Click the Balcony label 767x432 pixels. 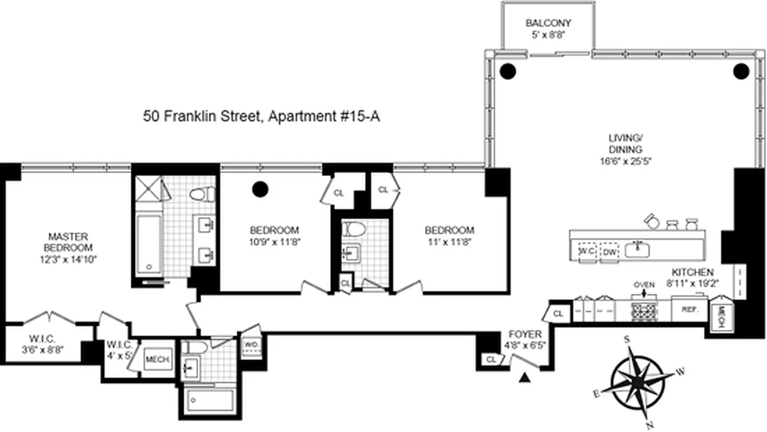pos(548,23)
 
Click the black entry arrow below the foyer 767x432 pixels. pos(523,379)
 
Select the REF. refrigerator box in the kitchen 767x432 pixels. pos(688,310)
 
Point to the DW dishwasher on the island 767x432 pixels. pos(610,251)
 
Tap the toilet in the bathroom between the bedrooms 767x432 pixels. pos(354,229)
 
